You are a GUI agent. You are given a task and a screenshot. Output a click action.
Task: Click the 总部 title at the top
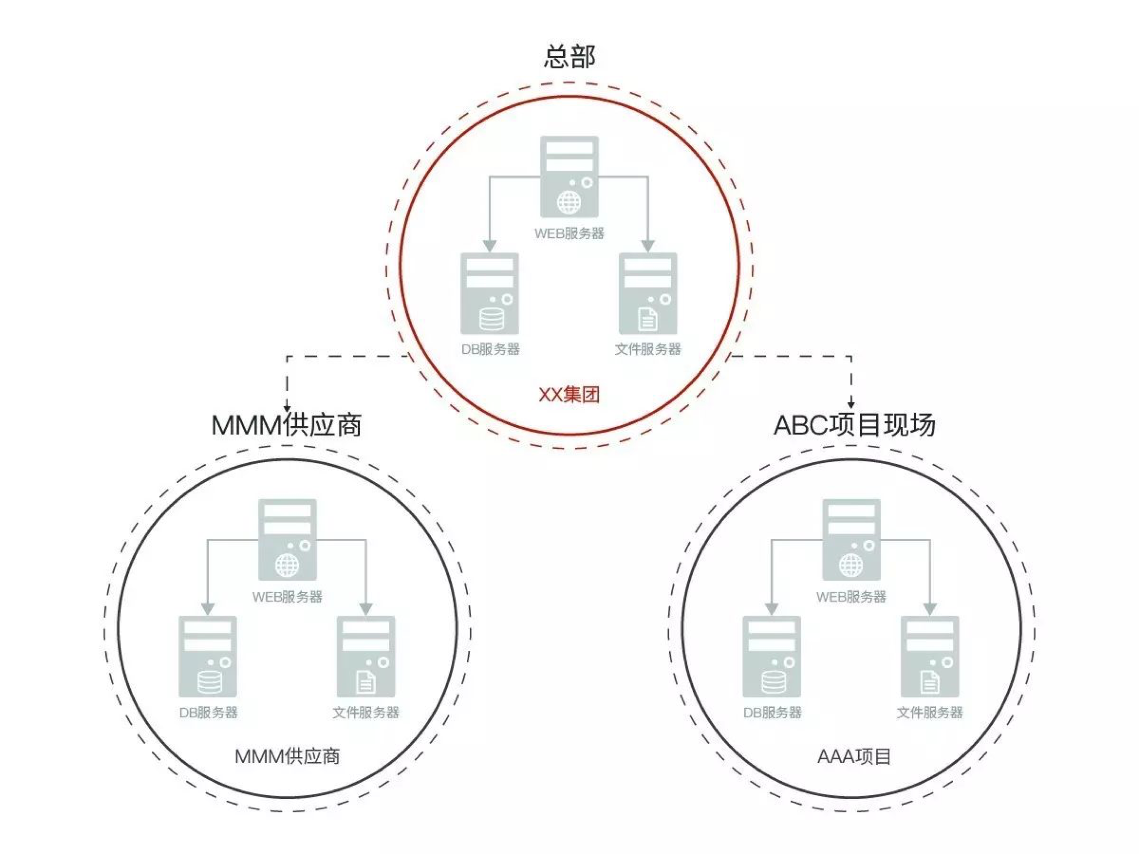coord(569,56)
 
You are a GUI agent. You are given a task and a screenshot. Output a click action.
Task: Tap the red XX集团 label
coord(569,395)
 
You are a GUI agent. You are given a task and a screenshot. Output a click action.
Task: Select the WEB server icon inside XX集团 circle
coord(569,177)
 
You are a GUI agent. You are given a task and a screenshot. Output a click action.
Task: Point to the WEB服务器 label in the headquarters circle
coord(569,233)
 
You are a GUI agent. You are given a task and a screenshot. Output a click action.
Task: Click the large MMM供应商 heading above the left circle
coord(287,425)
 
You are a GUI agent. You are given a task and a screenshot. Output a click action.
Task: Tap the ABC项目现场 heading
coord(854,425)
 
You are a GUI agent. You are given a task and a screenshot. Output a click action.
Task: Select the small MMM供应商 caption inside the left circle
coord(287,757)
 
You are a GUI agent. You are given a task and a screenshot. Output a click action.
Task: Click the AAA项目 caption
coord(854,757)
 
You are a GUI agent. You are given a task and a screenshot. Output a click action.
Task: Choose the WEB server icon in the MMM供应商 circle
coord(287,539)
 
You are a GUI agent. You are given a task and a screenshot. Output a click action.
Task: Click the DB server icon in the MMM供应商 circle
coord(208,656)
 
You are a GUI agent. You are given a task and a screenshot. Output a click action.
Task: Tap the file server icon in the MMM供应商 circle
coord(366,656)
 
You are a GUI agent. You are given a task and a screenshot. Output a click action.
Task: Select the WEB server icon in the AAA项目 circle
coord(851,539)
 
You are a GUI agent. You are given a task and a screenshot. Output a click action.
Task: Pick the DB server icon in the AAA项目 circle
coord(772,656)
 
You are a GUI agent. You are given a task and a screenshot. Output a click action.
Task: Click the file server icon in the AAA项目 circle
coord(930,656)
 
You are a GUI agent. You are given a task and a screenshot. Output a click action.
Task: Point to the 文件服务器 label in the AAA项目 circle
coord(930,712)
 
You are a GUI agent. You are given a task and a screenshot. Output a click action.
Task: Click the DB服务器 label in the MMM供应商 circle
coord(209,712)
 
